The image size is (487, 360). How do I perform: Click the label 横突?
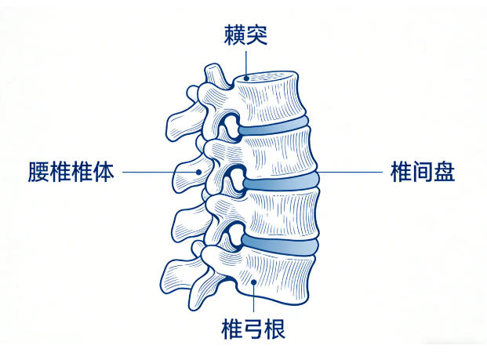[245, 35]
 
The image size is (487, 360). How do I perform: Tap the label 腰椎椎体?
[71, 172]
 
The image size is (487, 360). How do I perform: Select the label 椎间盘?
[423, 172]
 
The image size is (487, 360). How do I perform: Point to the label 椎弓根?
[253, 329]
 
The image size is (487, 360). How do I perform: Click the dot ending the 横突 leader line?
[246, 78]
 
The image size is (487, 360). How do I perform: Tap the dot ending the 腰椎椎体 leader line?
[198, 172]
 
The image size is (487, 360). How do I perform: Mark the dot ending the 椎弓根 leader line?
[253, 282]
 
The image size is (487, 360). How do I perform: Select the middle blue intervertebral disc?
[281, 181]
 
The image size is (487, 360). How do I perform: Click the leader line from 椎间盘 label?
[350, 172]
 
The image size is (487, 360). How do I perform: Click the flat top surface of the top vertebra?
[266, 77]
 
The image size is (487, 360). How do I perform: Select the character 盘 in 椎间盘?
[445, 172]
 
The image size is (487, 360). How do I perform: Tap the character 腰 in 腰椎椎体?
[38, 172]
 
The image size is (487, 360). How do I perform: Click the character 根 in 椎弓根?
[275, 329]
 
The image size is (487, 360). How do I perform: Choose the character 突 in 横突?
[256, 35]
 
